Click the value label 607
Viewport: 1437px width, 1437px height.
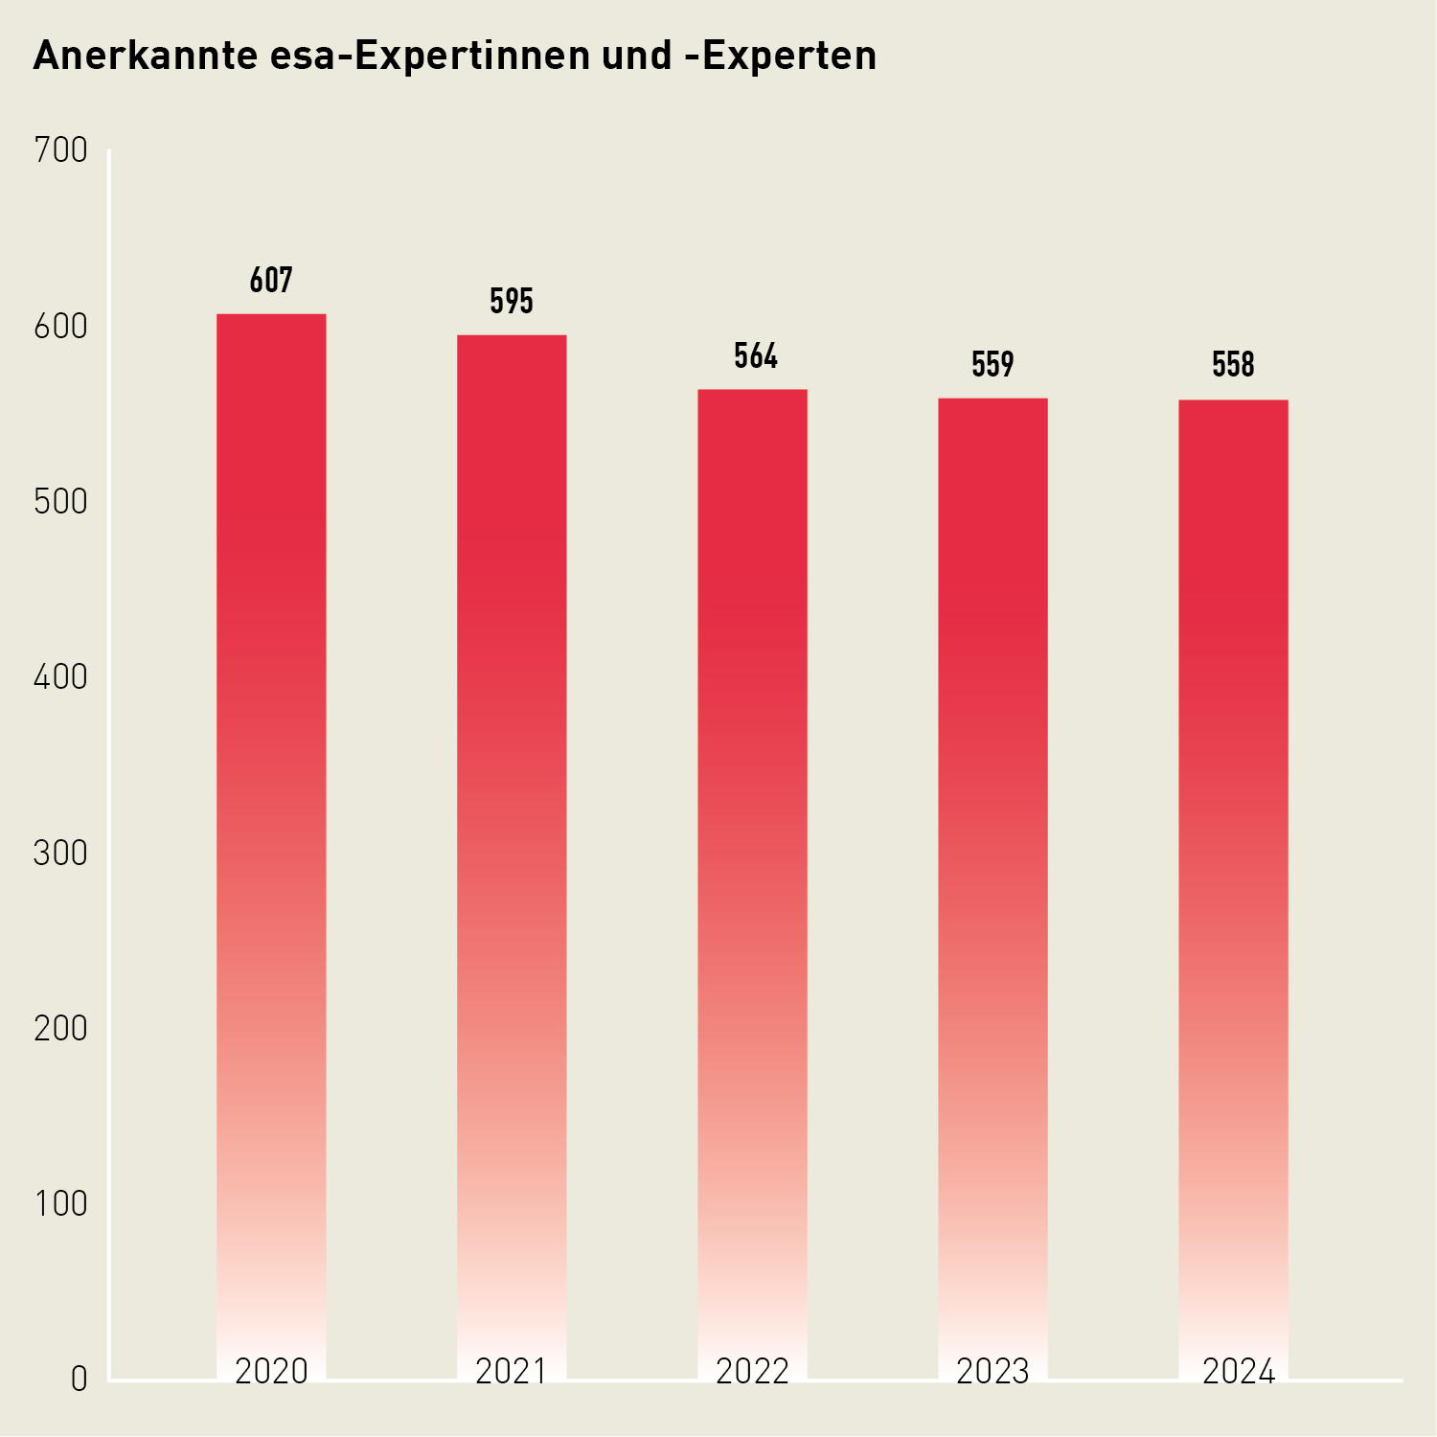(271, 281)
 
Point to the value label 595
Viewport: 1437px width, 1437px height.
(512, 302)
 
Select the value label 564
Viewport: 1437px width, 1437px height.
(756, 356)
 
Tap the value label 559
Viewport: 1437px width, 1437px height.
(992, 365)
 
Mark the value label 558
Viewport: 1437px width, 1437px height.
(1233, 365)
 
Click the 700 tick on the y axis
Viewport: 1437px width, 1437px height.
(60, 150)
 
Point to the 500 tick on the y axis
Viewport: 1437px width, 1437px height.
(60, 502)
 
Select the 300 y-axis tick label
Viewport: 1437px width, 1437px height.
(60, 854)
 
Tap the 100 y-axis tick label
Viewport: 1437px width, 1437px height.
(60, 1204)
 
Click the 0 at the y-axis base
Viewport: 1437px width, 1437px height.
(79, 1380)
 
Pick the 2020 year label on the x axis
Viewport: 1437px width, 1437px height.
(271, 1372)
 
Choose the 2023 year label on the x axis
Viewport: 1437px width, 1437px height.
(992, 1372)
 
